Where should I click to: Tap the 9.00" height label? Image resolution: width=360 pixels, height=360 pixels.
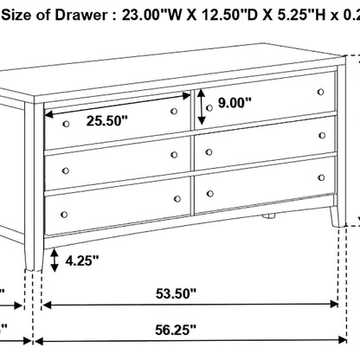[x=235, y=103]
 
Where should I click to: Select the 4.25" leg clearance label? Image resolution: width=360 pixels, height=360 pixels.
[x=83, y=260]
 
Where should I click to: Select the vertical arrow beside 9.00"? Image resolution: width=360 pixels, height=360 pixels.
[x=202, y=106]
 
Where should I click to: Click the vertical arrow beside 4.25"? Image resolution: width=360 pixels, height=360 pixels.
[x=55, y=259]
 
